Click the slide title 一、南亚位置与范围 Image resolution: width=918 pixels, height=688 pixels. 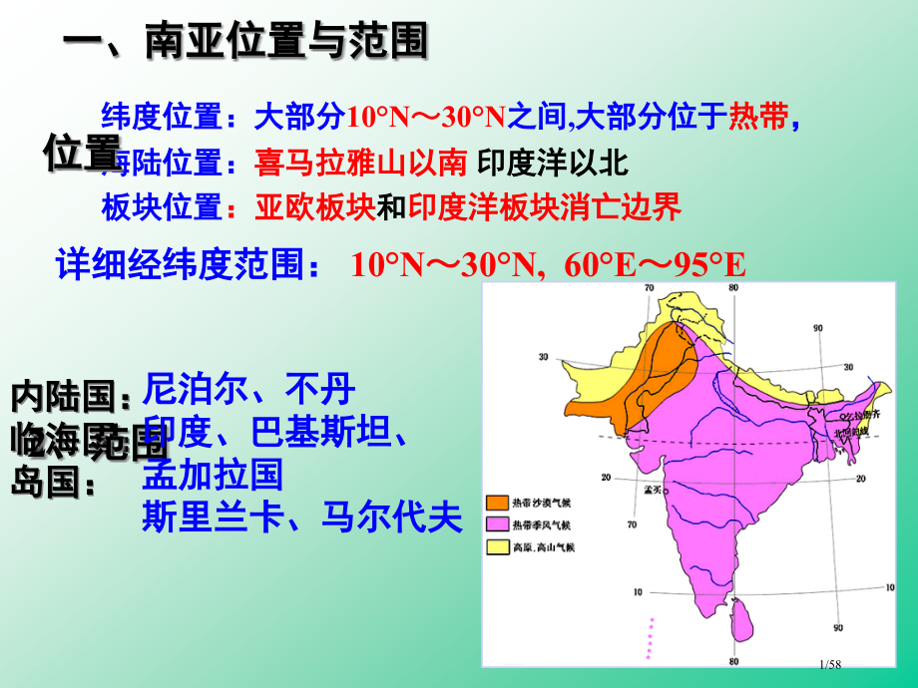tap(245, 42)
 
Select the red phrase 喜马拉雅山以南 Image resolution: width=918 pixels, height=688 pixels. tap(360, 163)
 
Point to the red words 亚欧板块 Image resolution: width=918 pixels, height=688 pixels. tap(314, 207)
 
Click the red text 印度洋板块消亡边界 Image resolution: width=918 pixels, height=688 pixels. tap(544, 207)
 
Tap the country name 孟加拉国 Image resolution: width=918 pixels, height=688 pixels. tap(214, 474)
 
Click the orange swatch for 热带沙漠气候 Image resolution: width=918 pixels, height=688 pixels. tap(497, 503)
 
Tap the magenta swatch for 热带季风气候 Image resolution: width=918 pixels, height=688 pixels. tap(497, 524)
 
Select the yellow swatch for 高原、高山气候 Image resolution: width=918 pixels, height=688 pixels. tap(497, 547)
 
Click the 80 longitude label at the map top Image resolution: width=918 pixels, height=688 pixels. tap(733, 289)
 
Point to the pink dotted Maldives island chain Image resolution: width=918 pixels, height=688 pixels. tap(651, 638)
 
